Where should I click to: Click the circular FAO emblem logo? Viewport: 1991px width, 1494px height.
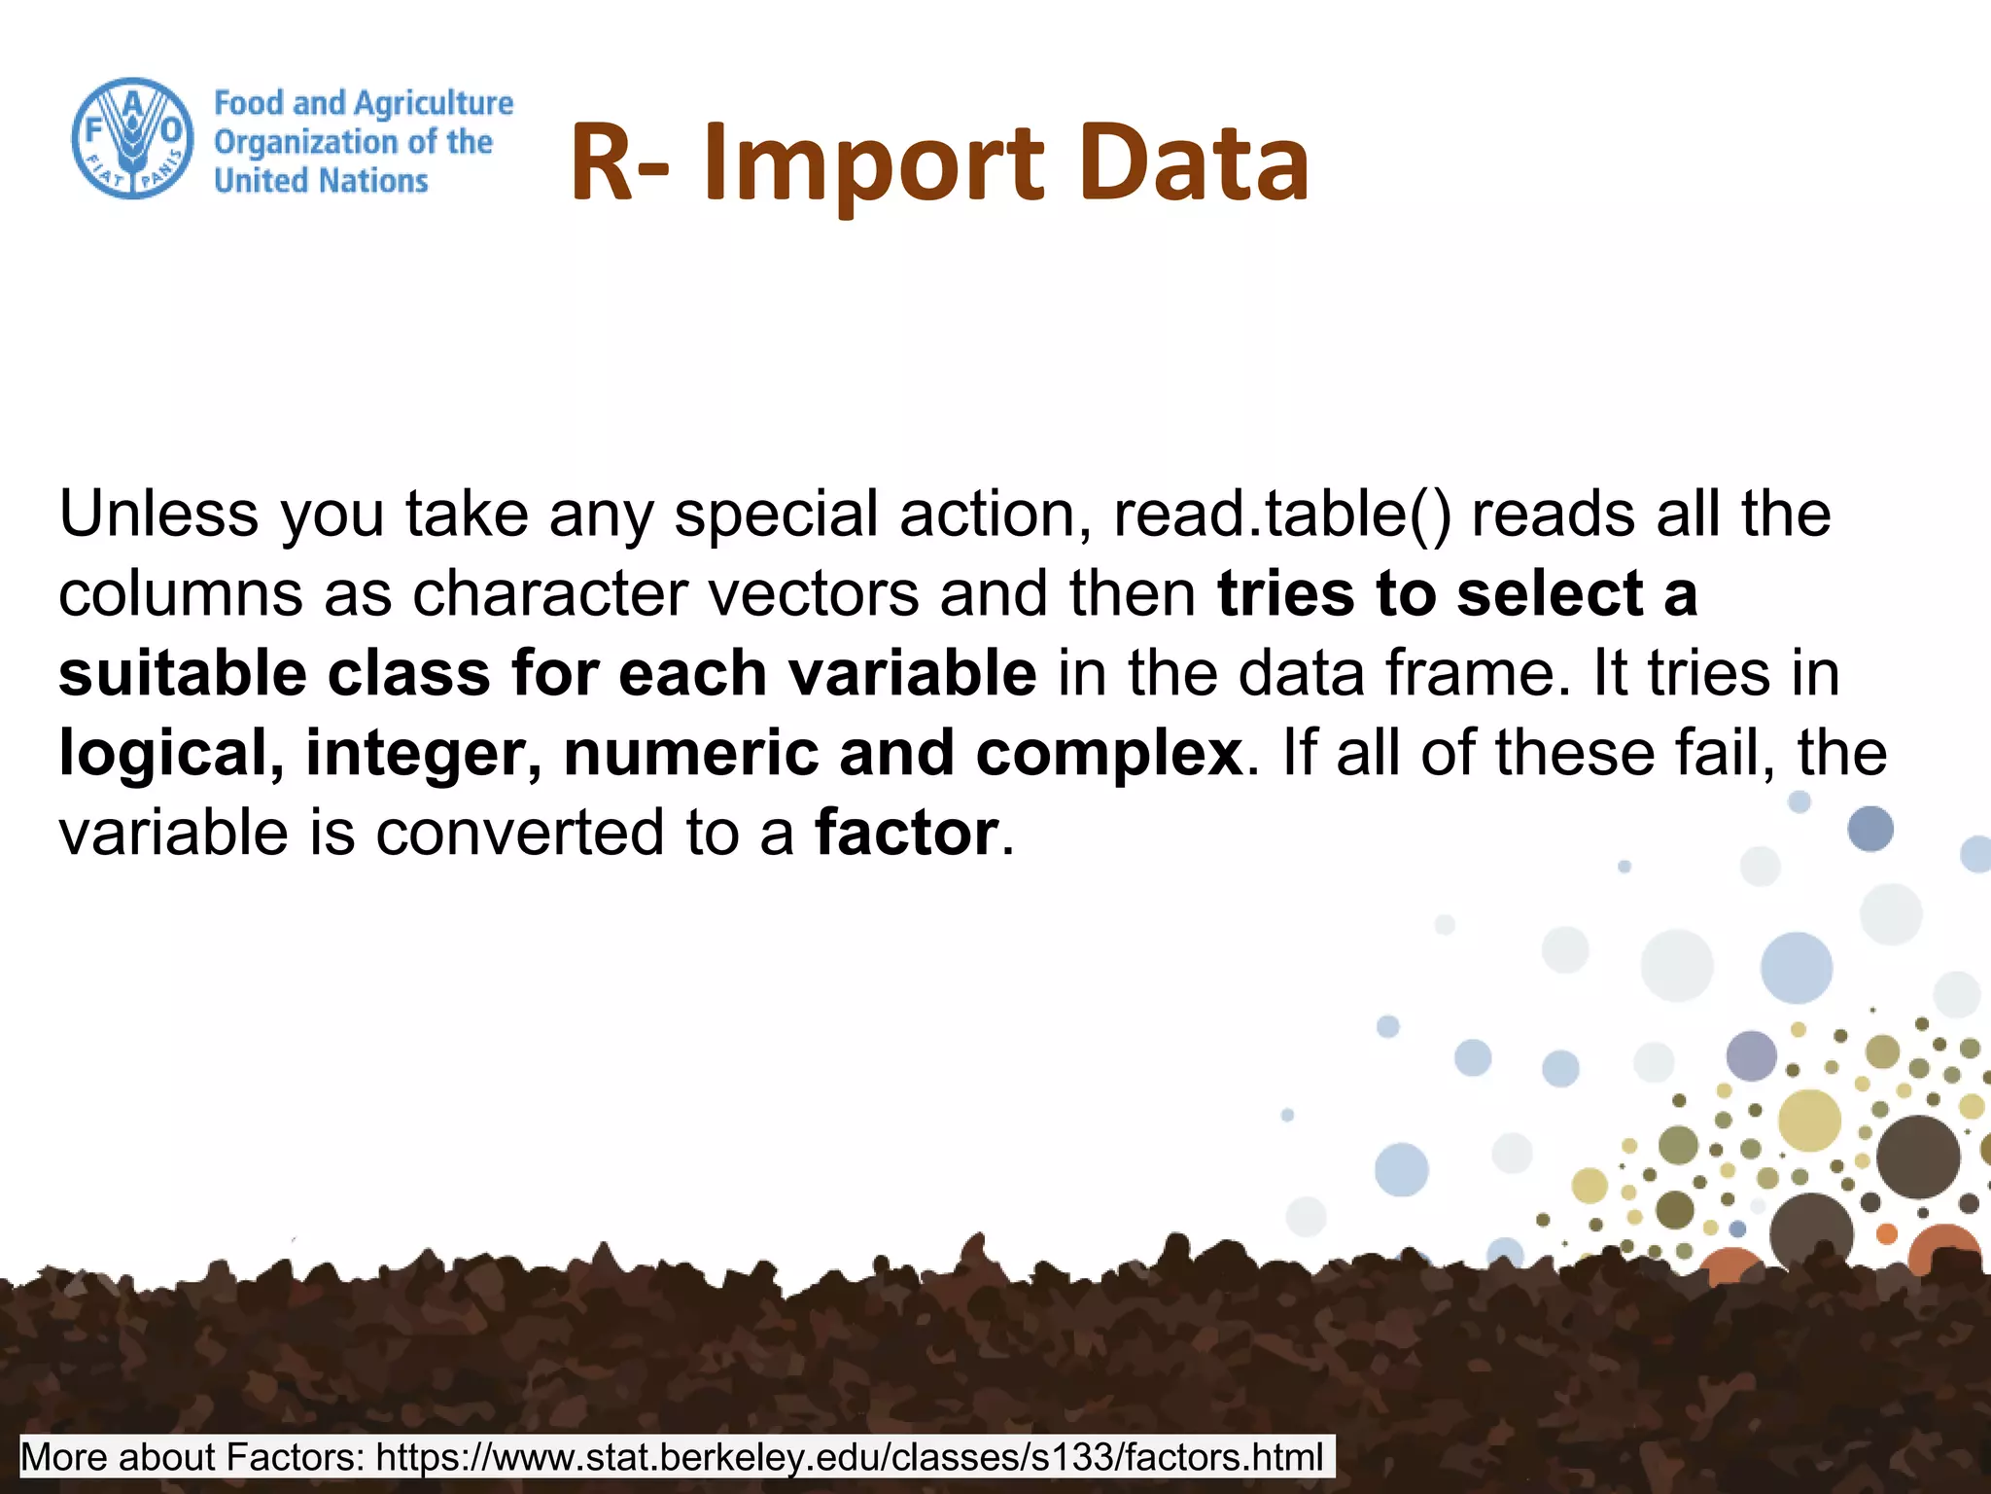tap(132, 138)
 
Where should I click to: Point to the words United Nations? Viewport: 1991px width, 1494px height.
tap(321, 181)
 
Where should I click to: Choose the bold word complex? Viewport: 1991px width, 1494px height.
tap(1108, 753)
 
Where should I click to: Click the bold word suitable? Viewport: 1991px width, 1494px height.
tap(182, 673)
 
